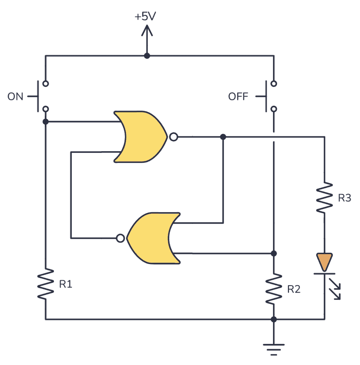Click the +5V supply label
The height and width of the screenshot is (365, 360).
tap(145, 17)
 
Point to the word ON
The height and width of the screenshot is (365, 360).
tap(15, 97)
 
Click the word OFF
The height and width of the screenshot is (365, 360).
tap(238, 97)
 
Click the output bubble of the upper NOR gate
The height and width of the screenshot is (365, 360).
tap(173, 137)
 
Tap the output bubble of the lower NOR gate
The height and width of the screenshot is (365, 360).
tap(121, 238)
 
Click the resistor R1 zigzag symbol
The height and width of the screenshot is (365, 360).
tap(46, 284)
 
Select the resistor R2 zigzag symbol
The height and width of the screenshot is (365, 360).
tap(274, 289)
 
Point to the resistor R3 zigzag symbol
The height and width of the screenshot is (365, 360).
tap(324, 197)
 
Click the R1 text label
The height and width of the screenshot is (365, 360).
tap(66, 284)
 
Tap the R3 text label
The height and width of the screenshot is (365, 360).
tap(344, 198)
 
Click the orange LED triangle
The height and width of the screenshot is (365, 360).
tap(324, 261)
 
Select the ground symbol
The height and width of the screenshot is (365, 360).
tap(274, 348)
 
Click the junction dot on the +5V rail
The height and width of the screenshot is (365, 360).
tap(146, 56)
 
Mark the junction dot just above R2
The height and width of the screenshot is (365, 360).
tap(274, 253)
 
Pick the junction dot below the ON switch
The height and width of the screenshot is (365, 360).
tap(46, 122)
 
